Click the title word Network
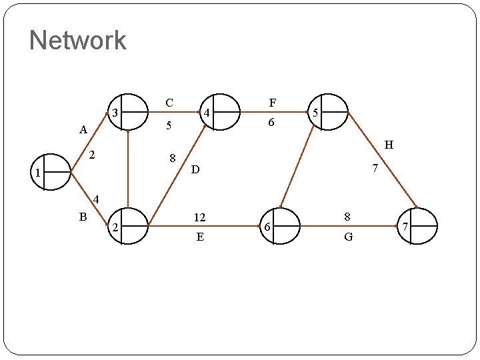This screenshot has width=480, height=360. [x=77, y=40]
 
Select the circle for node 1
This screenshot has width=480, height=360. [x=51, y=172]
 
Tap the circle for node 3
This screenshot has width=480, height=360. [x=127, y=111]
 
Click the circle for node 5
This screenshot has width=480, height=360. [x=328, y=111]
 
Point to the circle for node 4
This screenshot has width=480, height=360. [x=220, y=111]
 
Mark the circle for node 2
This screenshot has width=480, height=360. [x=128, y=226]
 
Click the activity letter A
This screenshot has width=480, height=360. [x=83, y=130]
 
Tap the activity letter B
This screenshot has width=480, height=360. [x=83, y=216]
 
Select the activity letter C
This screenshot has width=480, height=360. [x=169, y=103]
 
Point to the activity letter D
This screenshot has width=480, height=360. [x=195, y=171]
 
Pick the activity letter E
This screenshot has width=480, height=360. [x=200, y=237]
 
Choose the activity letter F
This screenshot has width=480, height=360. [x=272, y=103]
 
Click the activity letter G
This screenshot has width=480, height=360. [x=348, y=237]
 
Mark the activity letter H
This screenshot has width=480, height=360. [x=389, y=145]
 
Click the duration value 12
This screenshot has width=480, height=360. [x=199, y=217]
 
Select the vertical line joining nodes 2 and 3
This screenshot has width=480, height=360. [x=127, y=169]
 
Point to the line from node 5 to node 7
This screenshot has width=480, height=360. [x=383, y=160]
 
